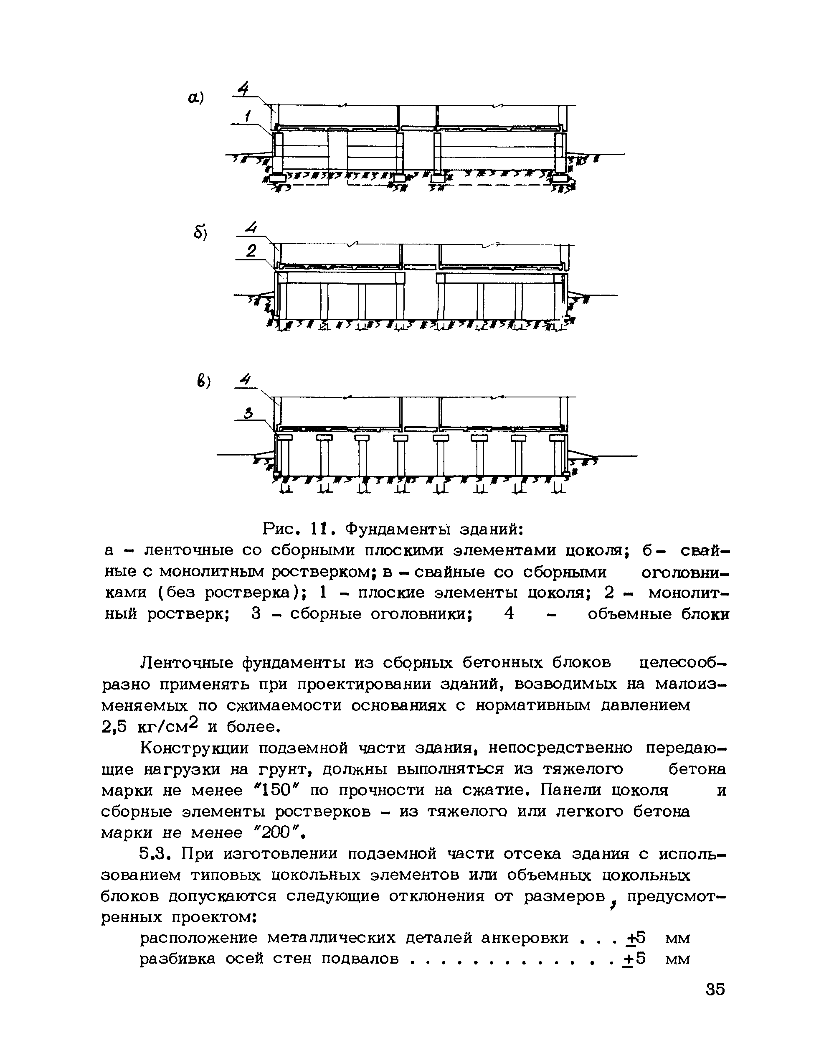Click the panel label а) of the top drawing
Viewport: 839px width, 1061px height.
click(195, 98)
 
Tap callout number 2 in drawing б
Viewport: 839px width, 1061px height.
click(251, 252)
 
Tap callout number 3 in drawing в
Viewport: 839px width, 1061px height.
click(248, 413)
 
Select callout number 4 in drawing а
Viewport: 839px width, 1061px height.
click(243, 89)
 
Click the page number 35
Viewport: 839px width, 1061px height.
click(715, 989)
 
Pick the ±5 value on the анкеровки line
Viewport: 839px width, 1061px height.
click(635, 938)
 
